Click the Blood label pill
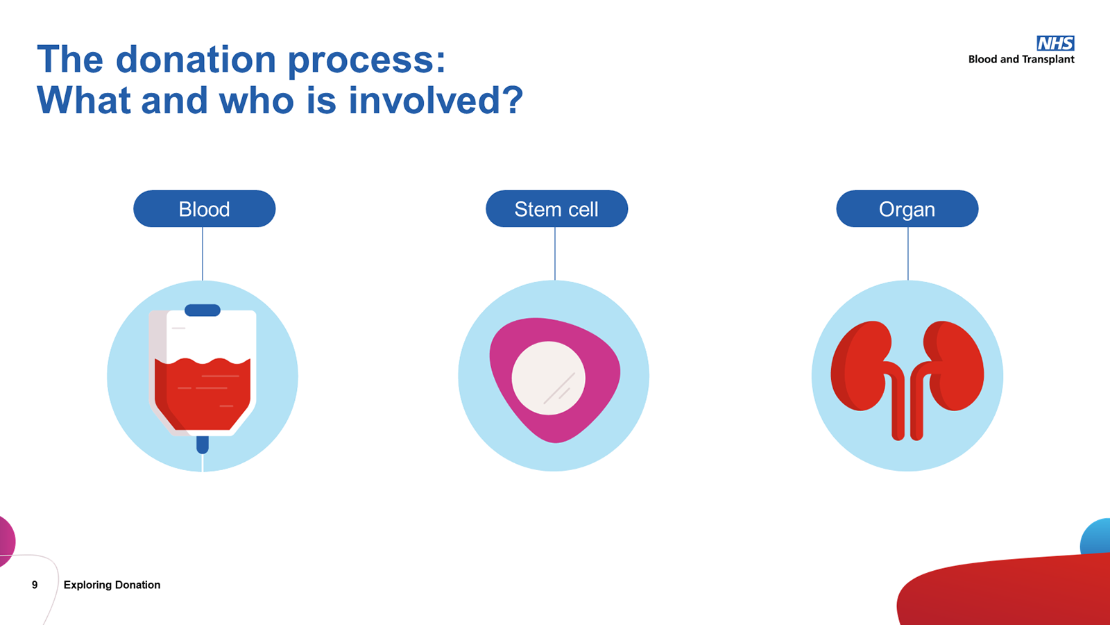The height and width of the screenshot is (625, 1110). click(204, 209)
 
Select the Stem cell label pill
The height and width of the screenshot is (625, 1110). click(556, 209)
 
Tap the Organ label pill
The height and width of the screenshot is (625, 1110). click(907, 209)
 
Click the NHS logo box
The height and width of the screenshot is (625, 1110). click(1055, 43)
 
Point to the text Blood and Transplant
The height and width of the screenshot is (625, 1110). click(1021, 60)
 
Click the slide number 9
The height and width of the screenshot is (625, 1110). click(35, 585)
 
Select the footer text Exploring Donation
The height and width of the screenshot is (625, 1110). click(112, 585)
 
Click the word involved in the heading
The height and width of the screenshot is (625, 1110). click(435, 100)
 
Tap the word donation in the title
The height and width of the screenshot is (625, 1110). click(196, 59)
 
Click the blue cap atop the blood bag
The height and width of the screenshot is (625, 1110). click(203, 310)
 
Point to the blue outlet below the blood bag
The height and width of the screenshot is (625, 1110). click(203, 444)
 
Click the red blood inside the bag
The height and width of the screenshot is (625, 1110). click(203, 396)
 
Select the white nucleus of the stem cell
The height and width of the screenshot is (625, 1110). click(548, 378)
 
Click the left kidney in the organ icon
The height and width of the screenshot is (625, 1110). click(859, 365)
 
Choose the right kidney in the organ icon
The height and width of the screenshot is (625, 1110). click(955, 365)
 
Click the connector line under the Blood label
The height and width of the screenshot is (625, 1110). click(203, 253)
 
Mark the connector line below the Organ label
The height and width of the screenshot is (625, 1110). click(907, 253)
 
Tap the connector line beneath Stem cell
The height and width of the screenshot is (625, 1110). click(555, 253)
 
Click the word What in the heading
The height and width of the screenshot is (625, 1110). click(84, 100)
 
